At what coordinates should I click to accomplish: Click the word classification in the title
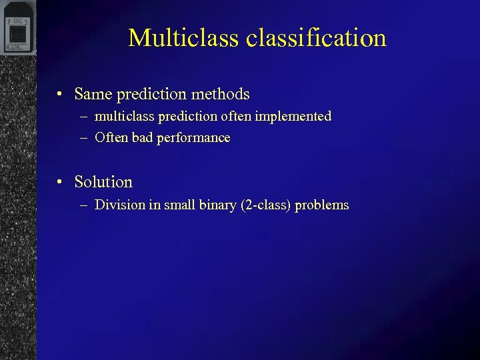(x=316, y=38)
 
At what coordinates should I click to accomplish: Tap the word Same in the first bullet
(x=93, y=94)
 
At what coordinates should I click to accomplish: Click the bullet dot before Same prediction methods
(x=60, y=95)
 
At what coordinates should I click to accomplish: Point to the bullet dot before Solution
(x=60, y=182)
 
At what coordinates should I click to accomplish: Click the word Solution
(x=103, y=181)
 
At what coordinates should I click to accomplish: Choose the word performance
(x=193, y=139)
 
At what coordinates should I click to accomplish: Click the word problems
(x=322, y=205)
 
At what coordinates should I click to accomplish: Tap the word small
(x=179, y=205)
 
